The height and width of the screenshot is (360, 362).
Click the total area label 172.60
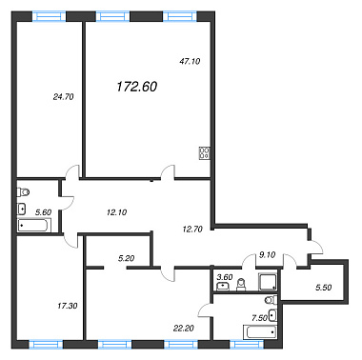pos(137,87)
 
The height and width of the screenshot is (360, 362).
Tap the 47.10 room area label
pos(190,61)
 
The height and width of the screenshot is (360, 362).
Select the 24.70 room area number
pos(64,97)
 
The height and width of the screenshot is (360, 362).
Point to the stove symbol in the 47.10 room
pos(204,152)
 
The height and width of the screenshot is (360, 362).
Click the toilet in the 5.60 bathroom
pos(23,191)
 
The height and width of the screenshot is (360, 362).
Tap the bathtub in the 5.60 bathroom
pos(33,226)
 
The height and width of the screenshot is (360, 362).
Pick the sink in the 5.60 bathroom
pos(22,209)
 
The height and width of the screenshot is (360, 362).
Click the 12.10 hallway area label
pos(117,212)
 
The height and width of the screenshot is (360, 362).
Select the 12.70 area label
pos(192,229)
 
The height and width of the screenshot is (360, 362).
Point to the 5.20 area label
pos(126,258)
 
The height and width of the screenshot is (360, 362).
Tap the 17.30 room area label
pos(68,306)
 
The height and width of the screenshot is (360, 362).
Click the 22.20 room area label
pos(184,329)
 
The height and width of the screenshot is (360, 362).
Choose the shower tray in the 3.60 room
pos(268,282)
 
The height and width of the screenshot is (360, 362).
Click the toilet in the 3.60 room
pos(242,285)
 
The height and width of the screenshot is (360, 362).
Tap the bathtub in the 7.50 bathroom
pos(260,332)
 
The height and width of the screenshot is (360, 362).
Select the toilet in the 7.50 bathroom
pos(271,299)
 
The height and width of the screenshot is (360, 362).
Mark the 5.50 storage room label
pos(323,288)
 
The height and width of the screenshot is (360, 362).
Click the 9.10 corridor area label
pos(267,255)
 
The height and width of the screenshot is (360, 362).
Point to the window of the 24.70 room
pos(50,16)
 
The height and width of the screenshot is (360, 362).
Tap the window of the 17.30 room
pos(46,345)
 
